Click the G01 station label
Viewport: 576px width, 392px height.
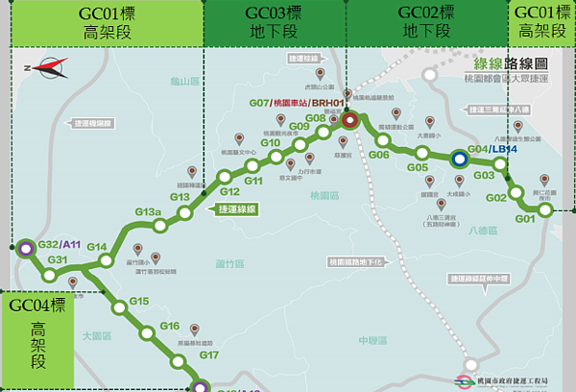pos(524,220)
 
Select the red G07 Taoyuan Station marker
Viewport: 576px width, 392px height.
pos(350,120)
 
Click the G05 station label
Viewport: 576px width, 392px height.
pos(417,168)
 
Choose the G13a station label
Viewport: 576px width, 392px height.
pos(147,211)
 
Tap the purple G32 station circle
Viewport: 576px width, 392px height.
pos(23,247)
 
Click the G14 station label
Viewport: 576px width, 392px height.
pos(96,247)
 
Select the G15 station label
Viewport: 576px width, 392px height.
pos(139,302)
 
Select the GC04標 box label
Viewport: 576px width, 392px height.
pos(37,306)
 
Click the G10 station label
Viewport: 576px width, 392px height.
pos(270,143)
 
